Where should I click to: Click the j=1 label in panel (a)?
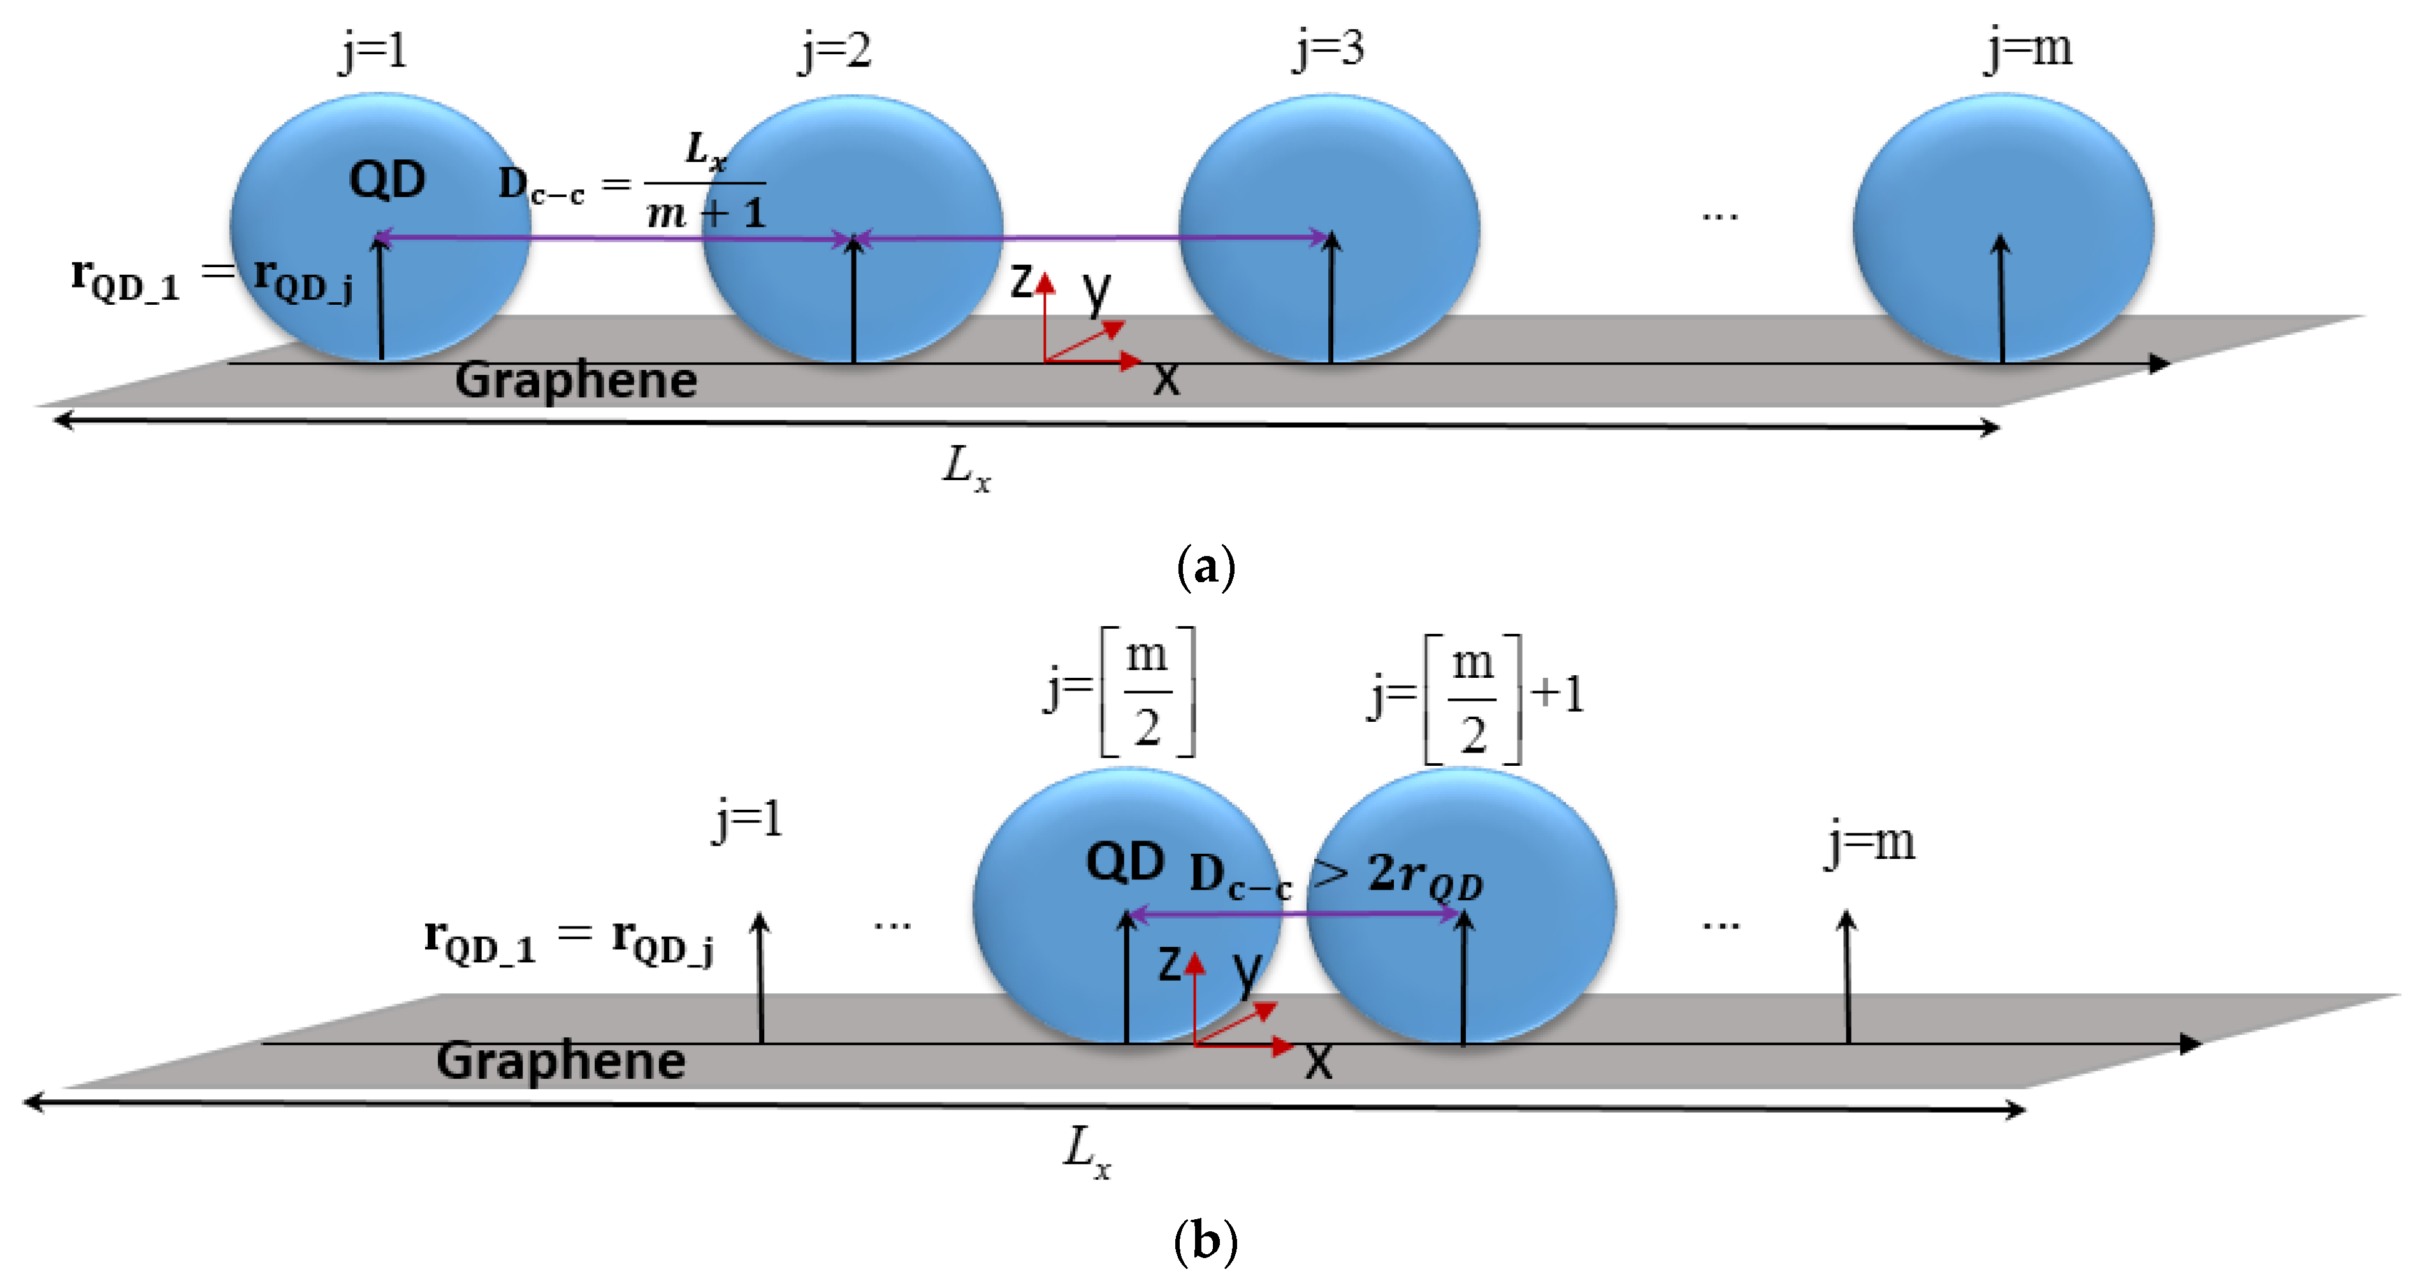tap(374, 51)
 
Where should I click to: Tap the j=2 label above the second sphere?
tap(835, 51)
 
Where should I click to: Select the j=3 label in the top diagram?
tap(1328, 49)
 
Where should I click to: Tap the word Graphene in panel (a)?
tap(576, 381)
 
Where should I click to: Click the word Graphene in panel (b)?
tap(561, 1061)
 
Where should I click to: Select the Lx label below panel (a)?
tap(966, 467)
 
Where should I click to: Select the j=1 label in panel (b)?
tap(748, 820)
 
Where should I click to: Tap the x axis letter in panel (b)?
tap(1319, 1062)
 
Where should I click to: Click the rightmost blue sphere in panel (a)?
tap(2003, 226)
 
